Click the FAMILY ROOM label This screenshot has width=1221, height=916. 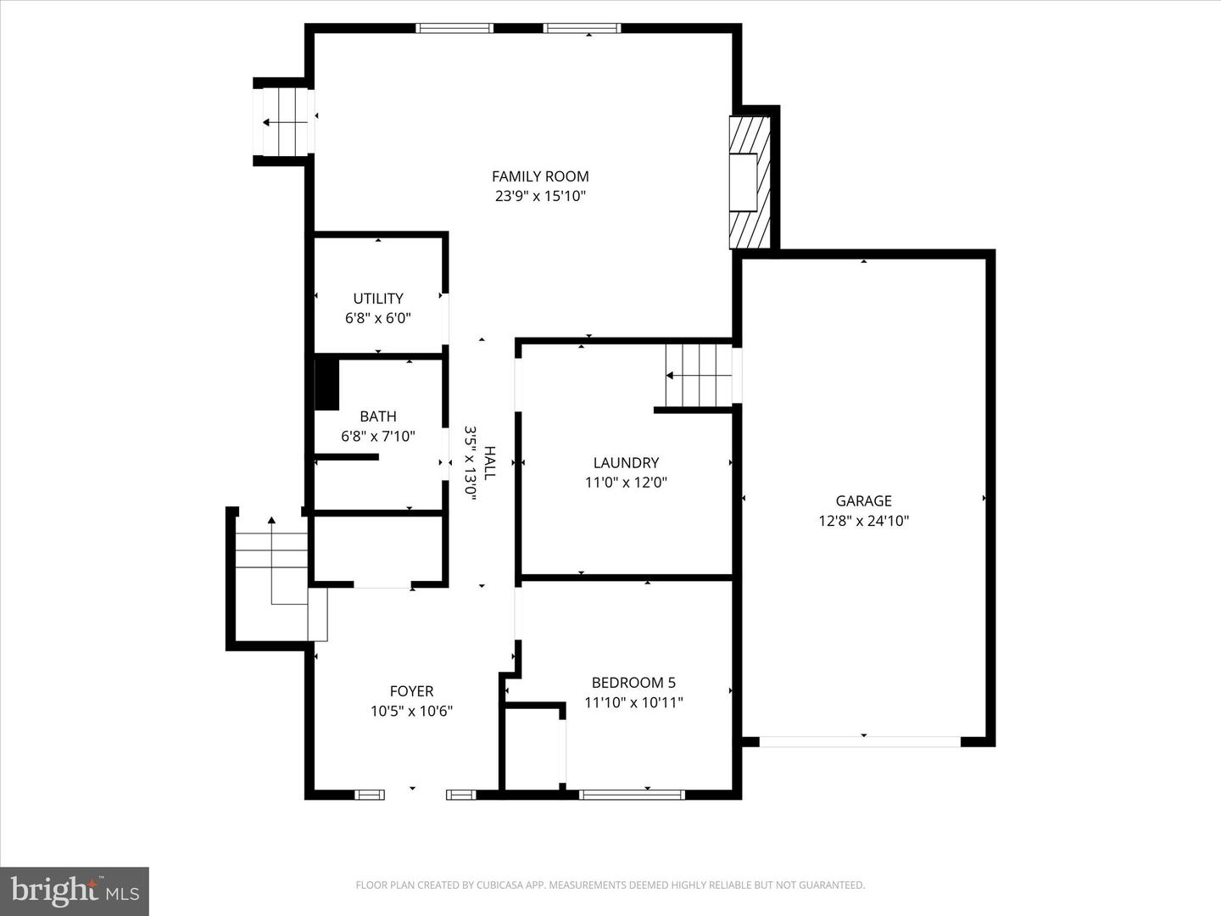540,176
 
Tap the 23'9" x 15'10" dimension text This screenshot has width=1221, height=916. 540,196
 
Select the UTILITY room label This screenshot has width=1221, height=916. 378,299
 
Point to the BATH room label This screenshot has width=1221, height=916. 378,416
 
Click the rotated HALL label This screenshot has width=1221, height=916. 489,463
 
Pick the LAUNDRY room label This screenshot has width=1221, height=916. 626,463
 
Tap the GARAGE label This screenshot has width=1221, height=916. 863,501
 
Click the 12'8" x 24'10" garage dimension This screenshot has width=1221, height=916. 863,521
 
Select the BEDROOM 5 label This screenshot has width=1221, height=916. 633,683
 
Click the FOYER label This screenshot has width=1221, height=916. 411,691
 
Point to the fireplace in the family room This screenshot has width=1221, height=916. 750,182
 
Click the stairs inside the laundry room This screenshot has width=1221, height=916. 698,375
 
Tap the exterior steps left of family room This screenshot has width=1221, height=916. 285,122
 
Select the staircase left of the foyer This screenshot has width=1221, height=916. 271,568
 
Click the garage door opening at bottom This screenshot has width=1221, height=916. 860,741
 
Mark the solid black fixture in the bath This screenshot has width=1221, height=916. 326,385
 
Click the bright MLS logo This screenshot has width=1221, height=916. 75,891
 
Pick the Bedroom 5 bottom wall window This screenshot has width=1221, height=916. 632,795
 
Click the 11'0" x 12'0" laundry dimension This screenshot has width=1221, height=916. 626,483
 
